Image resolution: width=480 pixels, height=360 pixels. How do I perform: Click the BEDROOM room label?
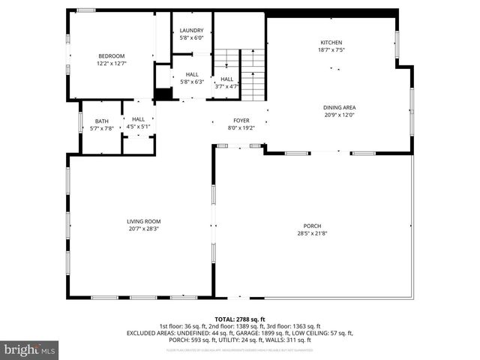[x=111, y=55]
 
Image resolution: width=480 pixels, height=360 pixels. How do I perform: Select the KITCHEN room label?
[x=331, y=43]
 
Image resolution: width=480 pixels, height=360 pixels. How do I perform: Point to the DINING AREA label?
[x=339, y=107]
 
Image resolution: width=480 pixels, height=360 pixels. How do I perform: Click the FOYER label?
[x=241, y=120]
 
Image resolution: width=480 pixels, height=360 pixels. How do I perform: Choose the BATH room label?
[x=101, y=121]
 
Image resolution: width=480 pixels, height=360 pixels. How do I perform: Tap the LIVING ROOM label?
[x=143, y=221]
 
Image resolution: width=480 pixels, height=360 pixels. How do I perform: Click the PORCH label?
[x=312, y=226]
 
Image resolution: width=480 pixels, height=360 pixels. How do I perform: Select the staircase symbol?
[x=252, y=75]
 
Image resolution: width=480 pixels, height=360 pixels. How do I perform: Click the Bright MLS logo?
[x=30, y=349]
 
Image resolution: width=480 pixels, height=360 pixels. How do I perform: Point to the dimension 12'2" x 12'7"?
[x=111, y=64]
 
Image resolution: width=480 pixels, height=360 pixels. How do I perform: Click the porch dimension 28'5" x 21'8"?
[x=312, y=233]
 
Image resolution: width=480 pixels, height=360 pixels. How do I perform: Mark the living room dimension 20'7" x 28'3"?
[x=143, y=229]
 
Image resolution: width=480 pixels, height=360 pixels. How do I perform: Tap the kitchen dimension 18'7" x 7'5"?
[x=331, y=51]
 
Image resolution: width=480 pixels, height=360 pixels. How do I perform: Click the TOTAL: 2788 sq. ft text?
[x=240, y=319]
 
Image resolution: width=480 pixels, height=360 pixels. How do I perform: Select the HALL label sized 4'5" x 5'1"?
[x=139, y=118]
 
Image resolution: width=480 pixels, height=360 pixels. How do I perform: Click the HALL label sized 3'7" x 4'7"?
[x=226, y=79]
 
